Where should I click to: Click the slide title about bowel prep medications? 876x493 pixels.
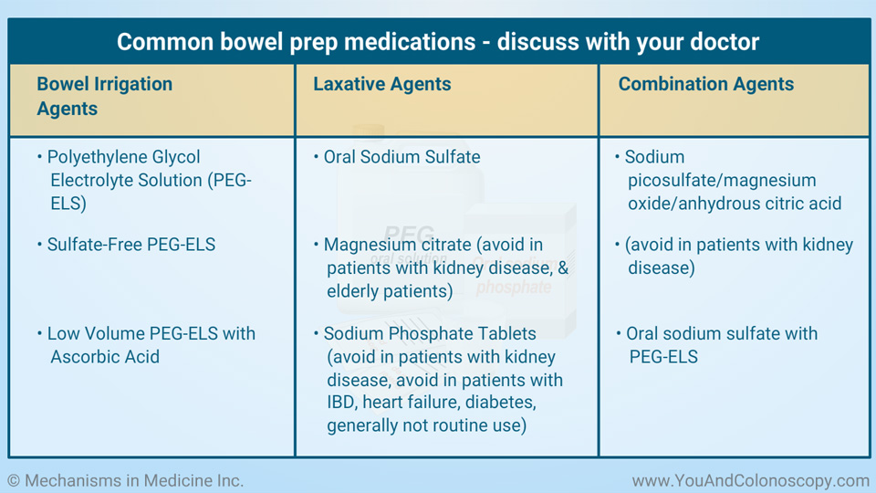438,42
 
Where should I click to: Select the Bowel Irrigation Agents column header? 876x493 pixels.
104,96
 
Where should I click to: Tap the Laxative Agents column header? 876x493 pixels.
381,84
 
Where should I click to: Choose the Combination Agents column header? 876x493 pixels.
705,84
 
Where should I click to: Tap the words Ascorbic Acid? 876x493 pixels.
105,357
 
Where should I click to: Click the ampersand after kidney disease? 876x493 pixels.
563,267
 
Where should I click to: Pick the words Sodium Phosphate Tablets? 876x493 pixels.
430,334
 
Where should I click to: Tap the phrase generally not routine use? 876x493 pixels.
426,425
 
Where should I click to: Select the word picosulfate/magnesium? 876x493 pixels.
722,181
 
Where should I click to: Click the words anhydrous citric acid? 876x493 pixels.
759,204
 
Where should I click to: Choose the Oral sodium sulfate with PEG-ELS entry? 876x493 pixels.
717,345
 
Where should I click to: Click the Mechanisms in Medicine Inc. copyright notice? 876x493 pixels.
126,481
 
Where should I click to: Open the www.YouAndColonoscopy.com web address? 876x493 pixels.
750,481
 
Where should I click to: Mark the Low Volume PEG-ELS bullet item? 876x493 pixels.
146,345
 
